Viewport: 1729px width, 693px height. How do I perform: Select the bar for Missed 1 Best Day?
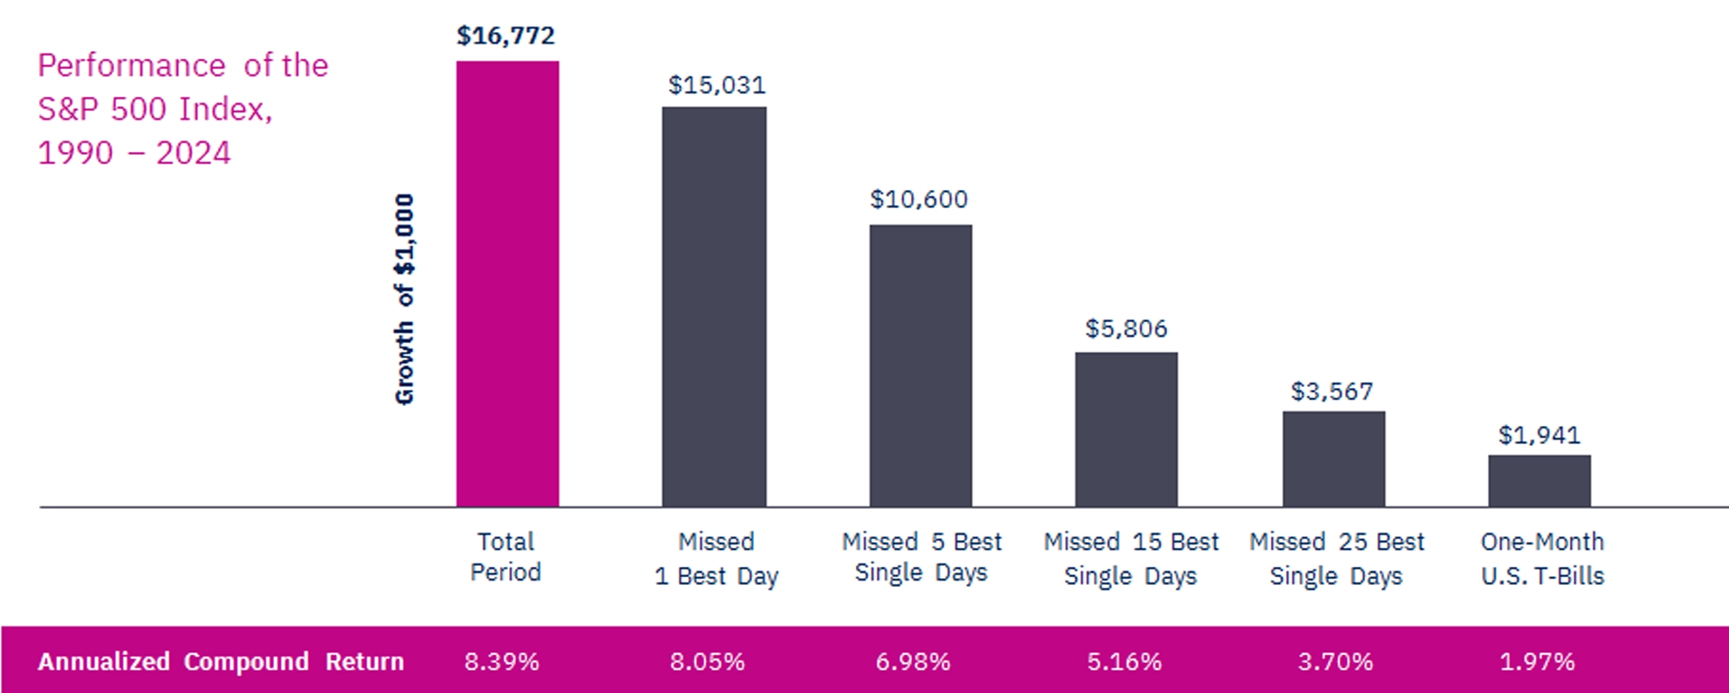[x=714, y=307]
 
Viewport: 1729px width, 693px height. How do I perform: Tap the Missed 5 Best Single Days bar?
[x=921, y=366]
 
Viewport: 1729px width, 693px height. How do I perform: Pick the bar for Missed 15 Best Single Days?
[x=1126, y=429]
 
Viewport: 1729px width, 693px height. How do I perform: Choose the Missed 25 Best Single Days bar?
[x=1334, y=459]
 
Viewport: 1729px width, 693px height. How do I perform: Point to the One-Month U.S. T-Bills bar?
[x=1540, y=480]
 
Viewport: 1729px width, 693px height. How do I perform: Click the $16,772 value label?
[x=506, y=35]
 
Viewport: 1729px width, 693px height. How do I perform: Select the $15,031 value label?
[x=717, y=85]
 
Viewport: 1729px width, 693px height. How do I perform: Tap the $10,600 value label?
[x=919, y=200]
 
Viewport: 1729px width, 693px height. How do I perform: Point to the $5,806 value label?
[x=1126, y=328]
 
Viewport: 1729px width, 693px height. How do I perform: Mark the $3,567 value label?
[x=1332, y=391]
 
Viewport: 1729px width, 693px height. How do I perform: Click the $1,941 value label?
[x=1539, y=435]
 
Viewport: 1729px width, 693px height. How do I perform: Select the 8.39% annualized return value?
[x=501, y=662]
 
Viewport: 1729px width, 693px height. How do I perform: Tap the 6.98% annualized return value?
[x=913, y=662]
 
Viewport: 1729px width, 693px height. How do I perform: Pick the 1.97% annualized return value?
[x=1537, y=662]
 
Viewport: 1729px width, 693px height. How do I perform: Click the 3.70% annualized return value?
[x=1335, y=662]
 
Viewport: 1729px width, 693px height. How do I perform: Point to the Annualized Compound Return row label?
[x=220, y=662]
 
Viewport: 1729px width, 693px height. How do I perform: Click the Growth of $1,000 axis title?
[x=405, y=299]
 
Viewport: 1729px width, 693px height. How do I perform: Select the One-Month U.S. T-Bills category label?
[x=1542, y=558]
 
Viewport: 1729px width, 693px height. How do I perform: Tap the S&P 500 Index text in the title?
[x=155, y=109]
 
